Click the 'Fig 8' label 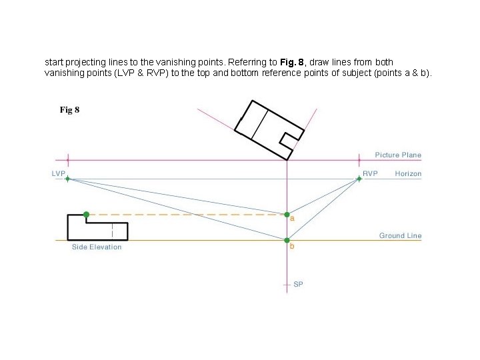(69, 110)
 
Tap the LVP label (59, 173)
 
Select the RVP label (370, 173)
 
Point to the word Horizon (408, 173)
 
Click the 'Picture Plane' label (398, 155)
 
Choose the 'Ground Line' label (400, 235)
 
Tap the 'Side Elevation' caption (97, 247)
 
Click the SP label (298, 285)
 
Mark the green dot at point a (287, 215)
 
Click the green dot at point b (287, 240)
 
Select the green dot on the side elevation (86, 215)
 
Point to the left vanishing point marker (67, 179)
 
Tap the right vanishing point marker (359, 179)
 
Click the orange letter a (292, 219)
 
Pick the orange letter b (291, 247)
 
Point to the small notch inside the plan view (289, 139)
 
